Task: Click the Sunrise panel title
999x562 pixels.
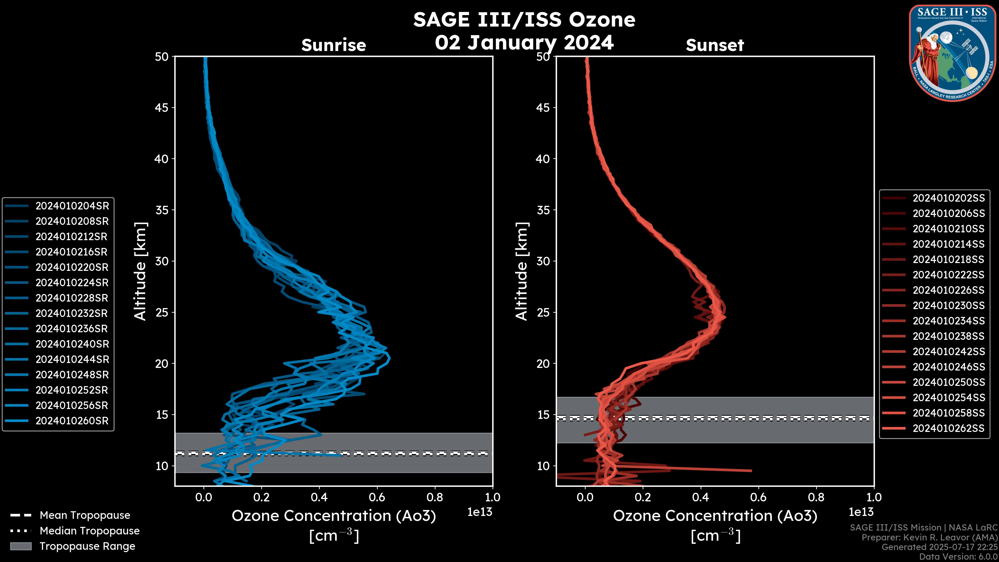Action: (x=334, y=45)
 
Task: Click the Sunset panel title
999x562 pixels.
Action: (x=715, y=45)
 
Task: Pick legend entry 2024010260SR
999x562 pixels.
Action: (x=72, y=421)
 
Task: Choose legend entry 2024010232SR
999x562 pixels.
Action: (x=72, y=313)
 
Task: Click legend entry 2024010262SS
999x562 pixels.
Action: (x=949, y=428)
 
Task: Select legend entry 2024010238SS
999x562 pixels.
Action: (x=949, y=336)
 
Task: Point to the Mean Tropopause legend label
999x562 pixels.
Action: (x=85, y=515)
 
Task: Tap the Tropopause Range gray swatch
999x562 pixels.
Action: (x=21, y=546)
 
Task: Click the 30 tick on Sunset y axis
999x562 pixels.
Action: (x=543, y=261)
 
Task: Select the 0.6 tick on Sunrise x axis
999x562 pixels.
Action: (x=377, y=497)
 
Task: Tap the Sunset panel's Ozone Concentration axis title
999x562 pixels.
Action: (x=715, y=516)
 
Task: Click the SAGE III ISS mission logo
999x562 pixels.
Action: (x=952, y=53)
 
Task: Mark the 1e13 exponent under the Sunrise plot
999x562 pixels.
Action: (x=480, y=512)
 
